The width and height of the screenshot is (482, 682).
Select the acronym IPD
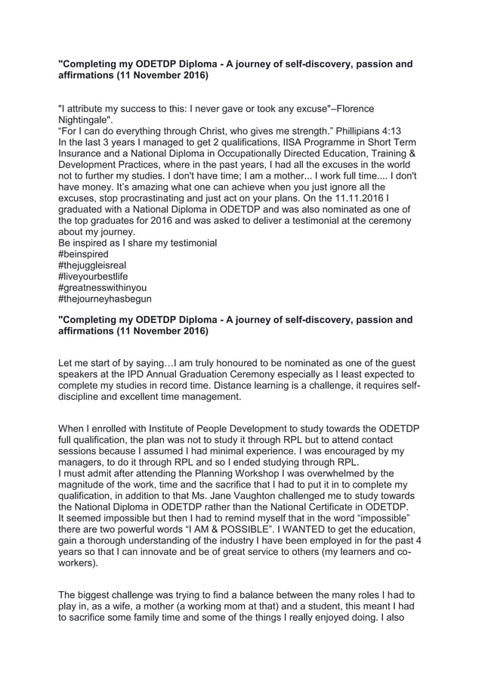click(137, 374)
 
